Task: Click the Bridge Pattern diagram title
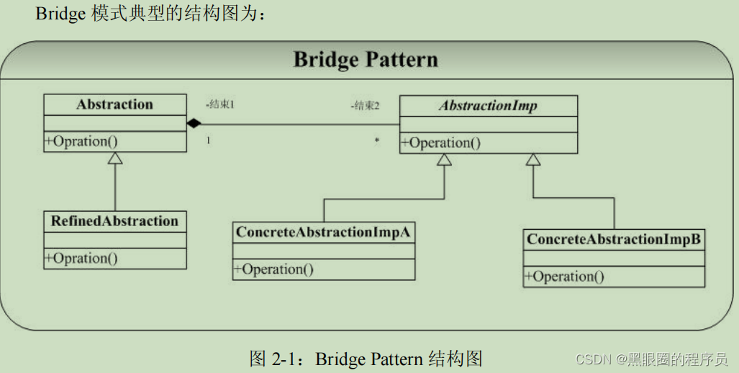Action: pyautogui.click(x=366, y=58)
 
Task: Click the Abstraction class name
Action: pyautogui.click(x=114, y=104)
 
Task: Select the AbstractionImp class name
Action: pyautogui.click(x=489, y=106)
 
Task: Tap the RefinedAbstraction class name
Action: pyautogui.click(x=114, y=221)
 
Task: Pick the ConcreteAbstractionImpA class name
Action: pyautogui.click(x=323, y=233)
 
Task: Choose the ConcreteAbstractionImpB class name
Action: pyautogui.click(x=614, y=239)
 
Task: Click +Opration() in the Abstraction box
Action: pyautogui.click(x=81, y=141)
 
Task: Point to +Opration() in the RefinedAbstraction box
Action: pyautogui.click(x=81, y=258)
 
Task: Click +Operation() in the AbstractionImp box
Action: pyautogui.click(x=440, y=143)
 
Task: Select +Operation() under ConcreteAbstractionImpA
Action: pyautogui.click(x=273, y=269)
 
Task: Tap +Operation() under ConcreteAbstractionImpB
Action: pyautogui.click(x=564, y=276)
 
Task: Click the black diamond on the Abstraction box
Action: pyautogui.click(x=193, y=124)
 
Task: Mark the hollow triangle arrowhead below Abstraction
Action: pyautogui.click(x=115, y=158)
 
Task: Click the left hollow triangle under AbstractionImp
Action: pyautogui.click(x=444, y=159)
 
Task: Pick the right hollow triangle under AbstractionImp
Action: pyautogui.click(x=532, y=159)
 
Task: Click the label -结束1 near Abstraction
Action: pyautogui.click(x=220, y=104)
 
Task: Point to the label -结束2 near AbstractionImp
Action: pyautogui.click(x=365, y=106)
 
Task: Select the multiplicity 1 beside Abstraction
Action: pyautogui.click(x=208, y=140)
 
